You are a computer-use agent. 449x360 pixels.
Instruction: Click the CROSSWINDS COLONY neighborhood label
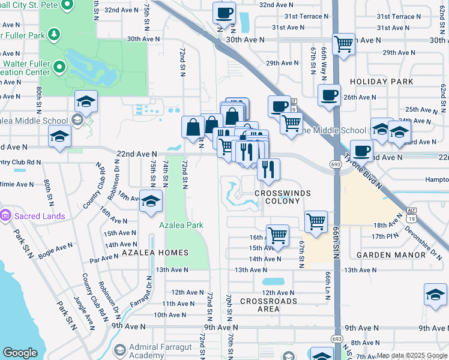point(277,197)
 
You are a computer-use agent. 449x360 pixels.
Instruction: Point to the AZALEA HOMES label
point(156,253)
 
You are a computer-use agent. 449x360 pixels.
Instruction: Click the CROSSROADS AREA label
point(268,305)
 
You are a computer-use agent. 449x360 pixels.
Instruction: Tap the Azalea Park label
point(181,225)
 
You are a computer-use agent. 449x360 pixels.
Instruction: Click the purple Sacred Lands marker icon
point(6,214)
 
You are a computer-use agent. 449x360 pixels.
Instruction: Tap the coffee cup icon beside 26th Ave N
point(329,96)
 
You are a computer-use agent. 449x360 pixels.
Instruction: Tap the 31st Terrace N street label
point(308,16)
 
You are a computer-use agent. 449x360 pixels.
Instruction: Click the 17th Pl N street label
point(385,236)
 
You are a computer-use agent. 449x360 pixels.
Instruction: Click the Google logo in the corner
point(20,353)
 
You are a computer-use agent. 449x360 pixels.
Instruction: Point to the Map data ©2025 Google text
point(411,355)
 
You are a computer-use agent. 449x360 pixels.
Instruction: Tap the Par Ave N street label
point(104,258)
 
